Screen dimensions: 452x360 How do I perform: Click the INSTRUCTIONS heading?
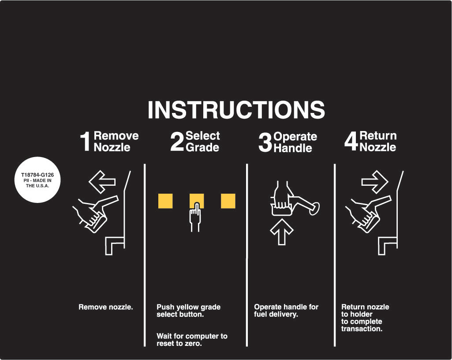coord(236,109)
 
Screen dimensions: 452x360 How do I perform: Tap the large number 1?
coord(85,142)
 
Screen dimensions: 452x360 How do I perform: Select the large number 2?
coord(177,142)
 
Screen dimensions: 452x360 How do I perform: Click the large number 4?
coord(351,142)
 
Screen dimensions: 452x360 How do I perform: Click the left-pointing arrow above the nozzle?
coord(102,182)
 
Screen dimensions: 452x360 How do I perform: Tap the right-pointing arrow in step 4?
coord(375,182)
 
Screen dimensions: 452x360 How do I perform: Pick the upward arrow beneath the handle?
coord(282,232)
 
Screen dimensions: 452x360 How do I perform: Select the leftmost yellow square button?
coord(165,201)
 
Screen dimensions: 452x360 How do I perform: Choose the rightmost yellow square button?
coord(228,201)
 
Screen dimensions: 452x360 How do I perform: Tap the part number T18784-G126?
coord(37,175)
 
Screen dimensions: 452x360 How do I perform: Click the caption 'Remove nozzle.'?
coord(106,307)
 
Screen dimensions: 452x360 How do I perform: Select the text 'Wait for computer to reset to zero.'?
coord(192,340)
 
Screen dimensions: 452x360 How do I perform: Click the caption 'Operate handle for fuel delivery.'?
coord(286,311)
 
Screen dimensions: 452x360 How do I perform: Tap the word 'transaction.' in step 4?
coord(362,329)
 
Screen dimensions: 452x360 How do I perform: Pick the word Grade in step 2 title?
coord(202,147)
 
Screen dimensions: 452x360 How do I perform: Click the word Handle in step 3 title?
coord(293,148)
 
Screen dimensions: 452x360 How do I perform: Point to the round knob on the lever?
coord(314,209)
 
